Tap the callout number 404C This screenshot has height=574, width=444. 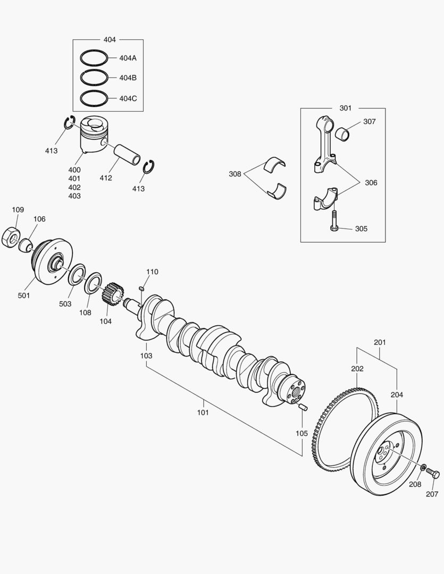click(x=128, y=98)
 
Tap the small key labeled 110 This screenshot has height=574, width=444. click(x=141, y=288)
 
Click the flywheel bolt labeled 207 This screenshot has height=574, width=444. click(x=433, y=474)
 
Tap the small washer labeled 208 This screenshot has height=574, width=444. click(x=423, y=468)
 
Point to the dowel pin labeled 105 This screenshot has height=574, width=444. click(x=303, y=407)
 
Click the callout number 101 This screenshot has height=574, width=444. click(x=203, y=412)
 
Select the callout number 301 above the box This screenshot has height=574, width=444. click(x=345, y=108)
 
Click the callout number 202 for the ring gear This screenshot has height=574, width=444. click(x=357, y=368)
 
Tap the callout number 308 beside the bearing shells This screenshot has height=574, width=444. click(x=235, y=174)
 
